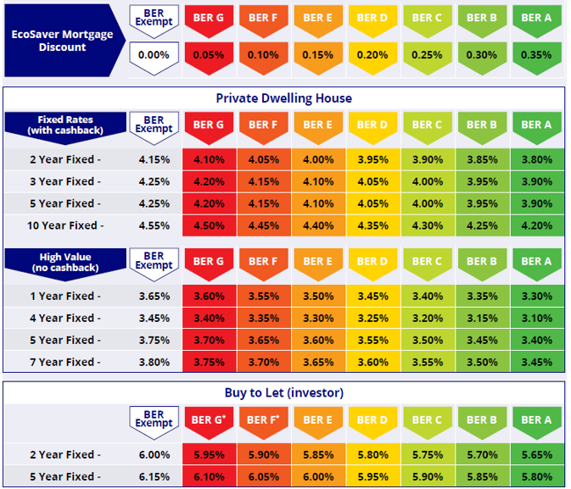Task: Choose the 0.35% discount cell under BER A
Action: [536, 55]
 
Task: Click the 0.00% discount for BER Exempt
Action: [154, 55]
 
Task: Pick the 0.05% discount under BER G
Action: [209, 55]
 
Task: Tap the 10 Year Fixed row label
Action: [65, 225]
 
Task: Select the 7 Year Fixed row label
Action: [65, 362]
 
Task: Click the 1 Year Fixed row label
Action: [65, 296]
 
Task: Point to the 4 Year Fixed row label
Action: [65, 318]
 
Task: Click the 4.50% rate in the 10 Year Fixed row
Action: [209, 225]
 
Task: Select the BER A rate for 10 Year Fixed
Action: [536, 225]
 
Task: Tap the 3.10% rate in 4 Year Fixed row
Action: [536, 318]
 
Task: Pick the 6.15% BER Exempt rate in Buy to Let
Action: [154, 476]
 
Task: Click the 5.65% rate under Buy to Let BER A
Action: [536, 454]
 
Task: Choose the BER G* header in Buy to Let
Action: [209, 419]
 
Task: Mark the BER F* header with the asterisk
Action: [264, 419]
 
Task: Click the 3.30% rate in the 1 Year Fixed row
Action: [536, 296]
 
